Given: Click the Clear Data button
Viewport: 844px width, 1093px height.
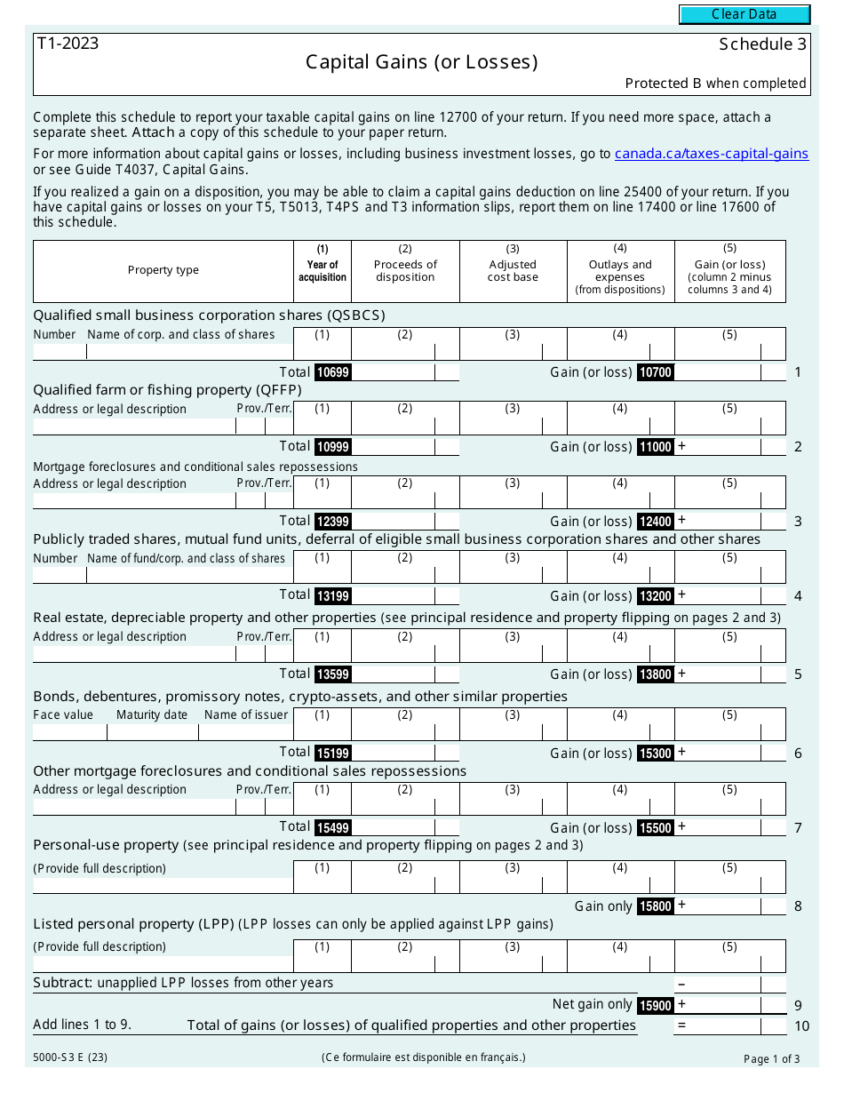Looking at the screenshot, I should pyautogui.click(x=744, y=14).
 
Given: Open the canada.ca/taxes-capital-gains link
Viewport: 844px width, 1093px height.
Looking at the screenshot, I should pyautogui.click(x=711, y=154).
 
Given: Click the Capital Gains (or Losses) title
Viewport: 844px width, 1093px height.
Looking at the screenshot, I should pyautogui.click(x=421, y=62).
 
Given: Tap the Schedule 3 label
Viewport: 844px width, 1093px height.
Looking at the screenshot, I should pyautogui.click(x=762, y=44).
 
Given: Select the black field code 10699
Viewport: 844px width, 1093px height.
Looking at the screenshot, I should pyautogui.click(x=333, y=372).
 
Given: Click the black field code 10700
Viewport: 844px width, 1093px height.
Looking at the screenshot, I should pyautogui.click(x=656, y=372).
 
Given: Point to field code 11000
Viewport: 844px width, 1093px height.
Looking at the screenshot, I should pyautogui.click(x=656, y=447).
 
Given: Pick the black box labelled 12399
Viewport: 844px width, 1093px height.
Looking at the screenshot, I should pyautogui.click(x=333, y=522).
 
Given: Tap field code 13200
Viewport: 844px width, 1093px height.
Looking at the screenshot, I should pyautogui.click(x=656, y=596).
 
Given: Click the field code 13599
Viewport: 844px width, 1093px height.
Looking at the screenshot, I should pyautogui.click(x=333, y=674).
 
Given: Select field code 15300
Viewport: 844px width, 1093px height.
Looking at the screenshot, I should pyautogui.click(x=656, y=754).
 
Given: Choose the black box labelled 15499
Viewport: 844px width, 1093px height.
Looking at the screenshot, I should pyautogui.click(x=333, y=828).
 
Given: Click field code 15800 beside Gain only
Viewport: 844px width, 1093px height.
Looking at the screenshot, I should pyautogui.click(x=656, y=906).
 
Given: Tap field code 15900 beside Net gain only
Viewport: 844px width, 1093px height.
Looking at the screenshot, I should pyautogui.click(x=656, y=1005).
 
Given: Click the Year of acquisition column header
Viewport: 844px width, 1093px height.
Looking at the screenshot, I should pyautogui.click(x=322, y=270).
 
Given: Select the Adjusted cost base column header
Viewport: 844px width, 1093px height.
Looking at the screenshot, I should pyautogui.click(x=513, y=270).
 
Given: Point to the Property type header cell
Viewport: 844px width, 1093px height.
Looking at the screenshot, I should pyautogui.click(x=163, y=270).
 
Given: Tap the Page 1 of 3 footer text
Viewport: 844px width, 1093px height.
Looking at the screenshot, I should pyautogui.click(x=771, y=1058).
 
